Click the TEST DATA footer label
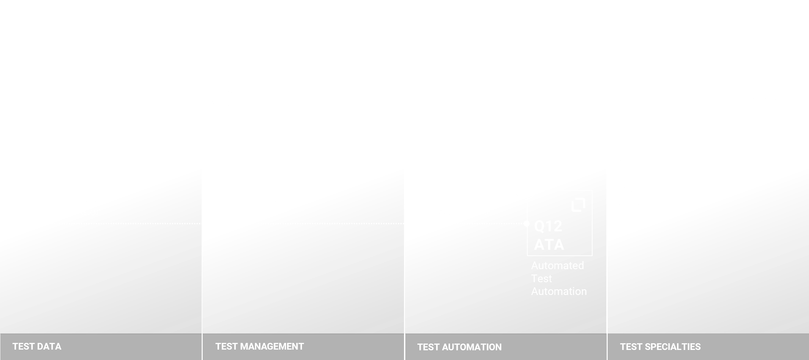pyautogui.click(x=37, y=346)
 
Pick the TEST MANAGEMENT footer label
pyautogui.click(x=260, y=346)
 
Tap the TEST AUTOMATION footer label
pyautogui.click(x=459, y=347)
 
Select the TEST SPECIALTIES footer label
pyautogui.click(x=660, y=347)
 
